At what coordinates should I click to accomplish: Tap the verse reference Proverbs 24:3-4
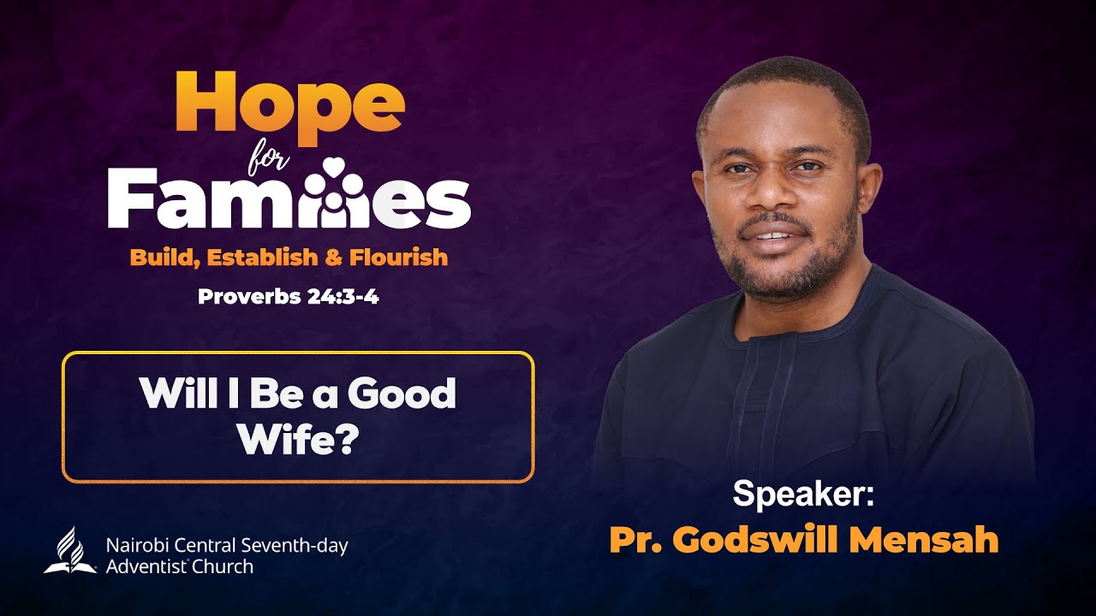(x=289, y=298)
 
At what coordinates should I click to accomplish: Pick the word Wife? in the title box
(x=297, y=441)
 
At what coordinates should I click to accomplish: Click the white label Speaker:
(x=802, y=495)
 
